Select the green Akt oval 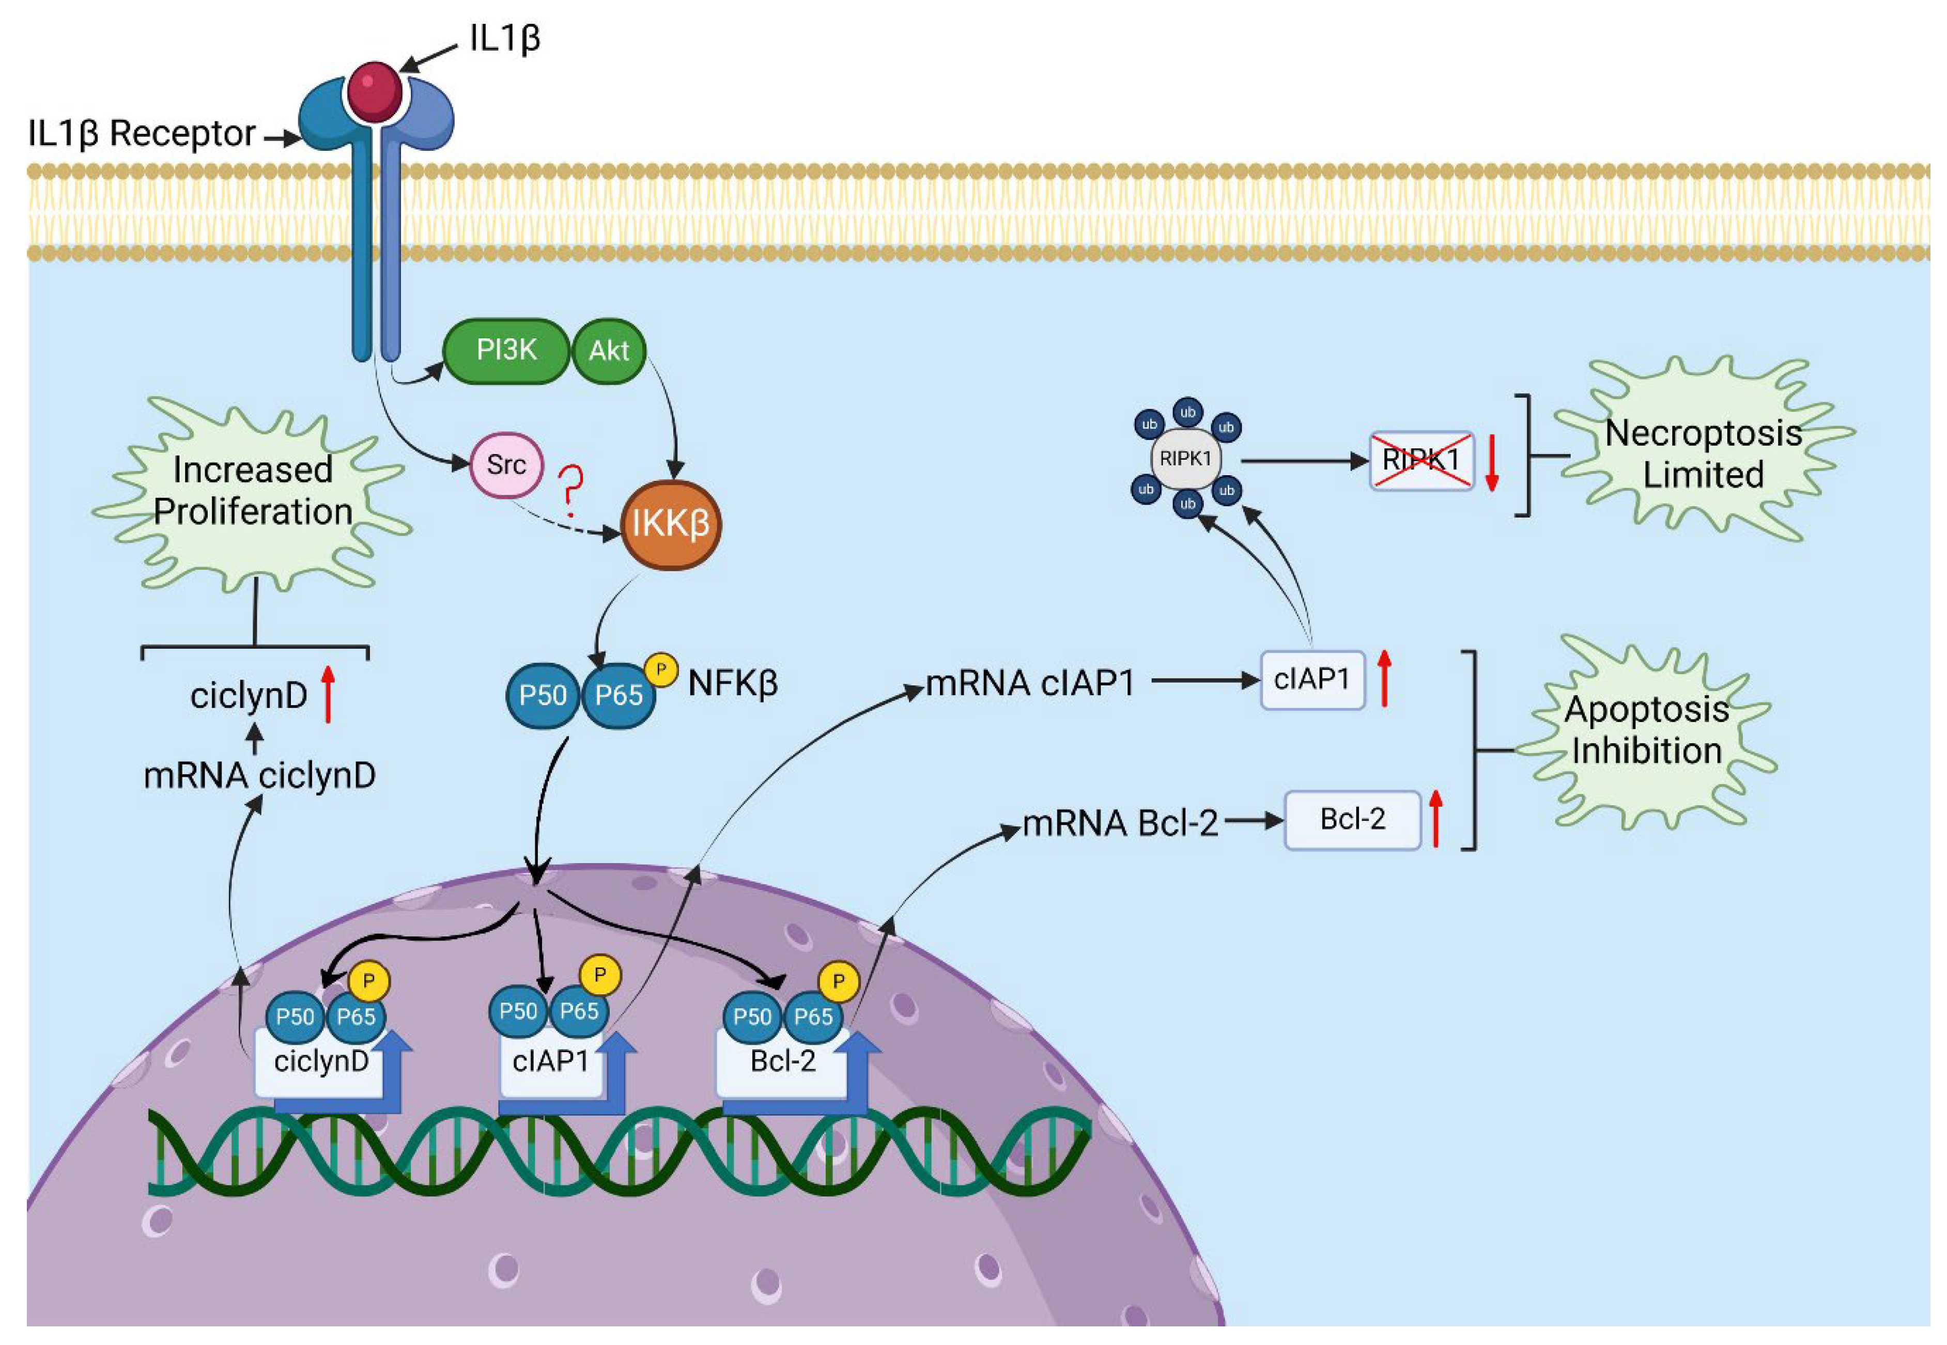tap(609, 351)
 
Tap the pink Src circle tap(506, 464)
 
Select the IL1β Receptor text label tap(142, 133)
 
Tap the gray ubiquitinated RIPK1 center tap(1185, 459)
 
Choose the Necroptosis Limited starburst tap(1703, 453)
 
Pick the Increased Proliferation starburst tap(252, 491)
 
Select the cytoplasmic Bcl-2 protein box tap(1352, 819)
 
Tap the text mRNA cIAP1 tap(1030, 683)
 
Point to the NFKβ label tap(732, 683)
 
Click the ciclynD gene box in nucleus tap(321, 1062)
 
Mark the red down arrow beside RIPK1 tap(1491, 462)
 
